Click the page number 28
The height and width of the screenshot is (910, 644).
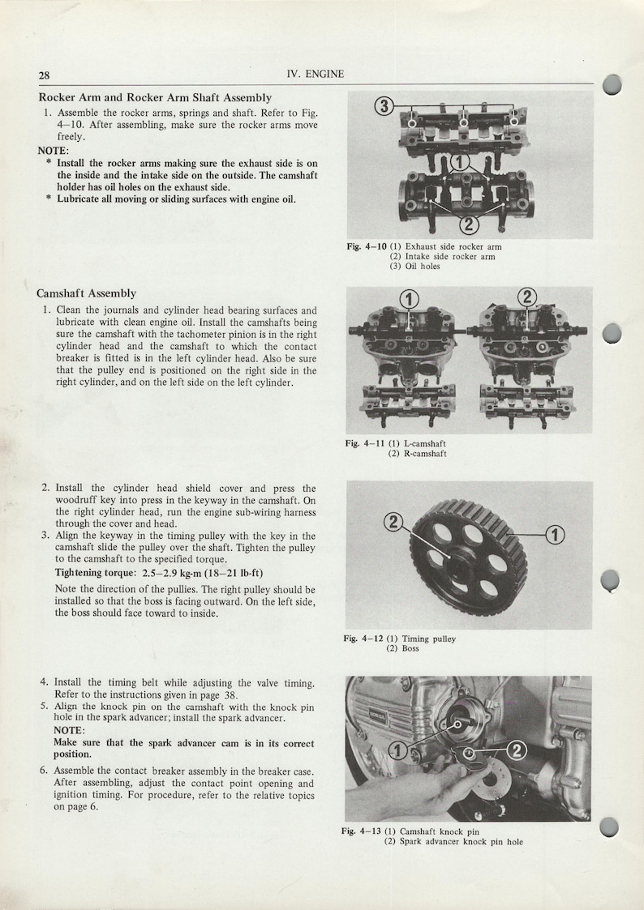[x=45, y=75]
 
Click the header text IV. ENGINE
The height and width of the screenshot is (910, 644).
[x=316, y=75]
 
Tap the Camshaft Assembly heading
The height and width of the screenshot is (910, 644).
[x=87, y=293]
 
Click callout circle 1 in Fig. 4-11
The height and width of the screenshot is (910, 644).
[x=410, y=301]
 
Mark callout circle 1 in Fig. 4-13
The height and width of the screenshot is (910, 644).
[x=398, y=750]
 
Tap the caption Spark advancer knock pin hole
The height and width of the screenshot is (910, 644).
[x=461, y=842]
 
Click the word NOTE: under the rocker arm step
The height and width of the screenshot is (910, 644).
[x=54, y=151]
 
